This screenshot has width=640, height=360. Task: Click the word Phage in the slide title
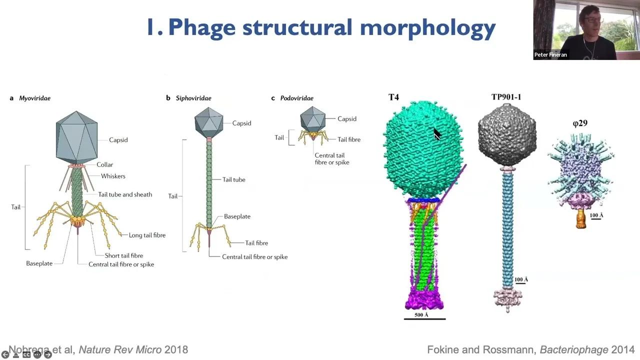(201, 28)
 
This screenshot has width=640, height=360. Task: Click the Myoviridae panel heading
(35, 98)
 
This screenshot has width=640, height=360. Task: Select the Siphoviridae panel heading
(193, 98)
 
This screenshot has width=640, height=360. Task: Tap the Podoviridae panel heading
(296, 98)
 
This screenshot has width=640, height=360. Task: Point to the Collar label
(104, 164)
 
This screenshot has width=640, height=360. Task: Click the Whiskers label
(113, 176)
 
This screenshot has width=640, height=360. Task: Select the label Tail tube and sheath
(125, 194)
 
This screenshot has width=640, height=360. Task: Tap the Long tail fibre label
(147, 235)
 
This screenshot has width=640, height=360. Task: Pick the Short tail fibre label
(123, 255)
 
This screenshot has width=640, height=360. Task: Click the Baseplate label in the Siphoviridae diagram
(237, 216)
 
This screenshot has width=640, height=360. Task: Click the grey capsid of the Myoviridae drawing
(76, 137)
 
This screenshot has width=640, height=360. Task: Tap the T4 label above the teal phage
(393, 97)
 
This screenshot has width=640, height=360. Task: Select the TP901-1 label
(506, 97)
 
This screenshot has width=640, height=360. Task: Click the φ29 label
(580, 123)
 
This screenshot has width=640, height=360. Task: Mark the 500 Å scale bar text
(421, 315)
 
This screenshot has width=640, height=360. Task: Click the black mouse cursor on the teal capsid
(437, 133)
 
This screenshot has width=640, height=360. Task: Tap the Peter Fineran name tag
(550, 55)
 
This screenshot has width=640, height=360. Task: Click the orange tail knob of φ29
(580, 219)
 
